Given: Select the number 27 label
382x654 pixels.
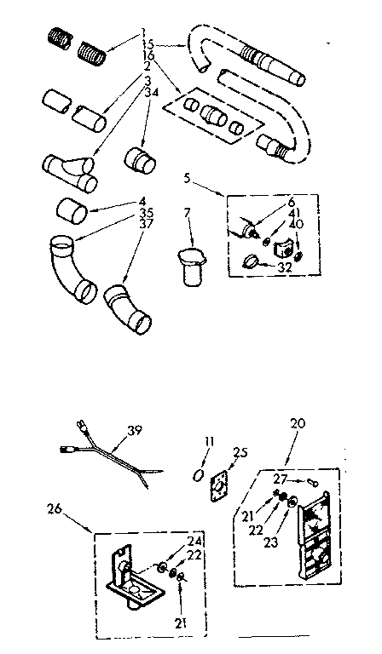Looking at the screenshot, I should point(281,478).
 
